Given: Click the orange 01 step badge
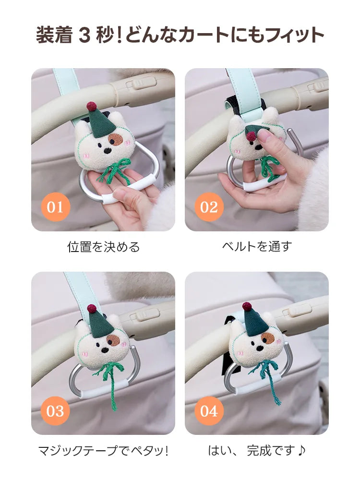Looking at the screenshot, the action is click(55, 207).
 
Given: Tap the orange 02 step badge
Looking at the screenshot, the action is click(209, 207).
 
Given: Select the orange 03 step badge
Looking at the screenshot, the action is click(55, 411).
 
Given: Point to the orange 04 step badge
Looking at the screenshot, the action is click(209, 411).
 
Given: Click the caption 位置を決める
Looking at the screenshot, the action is click(104, 247).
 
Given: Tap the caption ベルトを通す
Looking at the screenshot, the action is click(257, 246).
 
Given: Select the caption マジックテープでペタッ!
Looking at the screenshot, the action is click(103, 451).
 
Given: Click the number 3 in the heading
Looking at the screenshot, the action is click(84, 35).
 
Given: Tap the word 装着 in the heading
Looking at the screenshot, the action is click(54, 35).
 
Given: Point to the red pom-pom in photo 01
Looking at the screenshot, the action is click(91, 107).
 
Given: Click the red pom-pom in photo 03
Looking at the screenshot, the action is click(92, 309).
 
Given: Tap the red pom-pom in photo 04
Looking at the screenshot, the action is click(247, 306).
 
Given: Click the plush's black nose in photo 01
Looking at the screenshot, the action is click(107, 151).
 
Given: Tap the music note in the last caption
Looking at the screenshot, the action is click(301, 450).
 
